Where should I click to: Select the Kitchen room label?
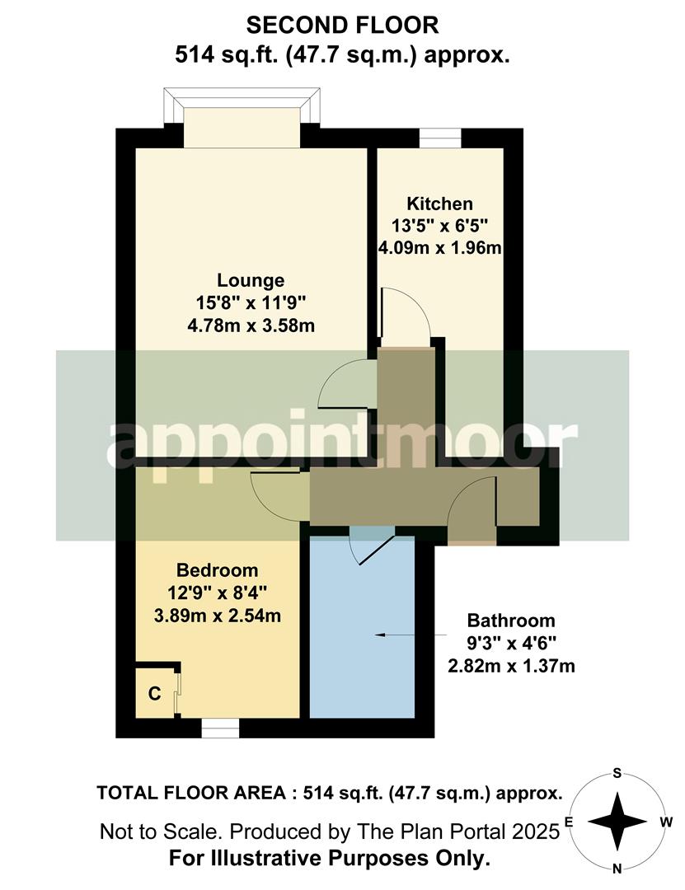440,204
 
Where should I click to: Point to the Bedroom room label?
218,570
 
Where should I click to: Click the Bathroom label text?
511,621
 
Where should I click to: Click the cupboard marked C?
154,693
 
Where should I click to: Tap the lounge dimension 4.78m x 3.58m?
251,326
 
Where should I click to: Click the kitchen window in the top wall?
440,137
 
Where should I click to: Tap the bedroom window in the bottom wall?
220,728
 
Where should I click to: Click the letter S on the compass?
617,773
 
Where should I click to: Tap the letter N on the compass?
617,868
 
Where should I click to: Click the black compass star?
617,821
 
